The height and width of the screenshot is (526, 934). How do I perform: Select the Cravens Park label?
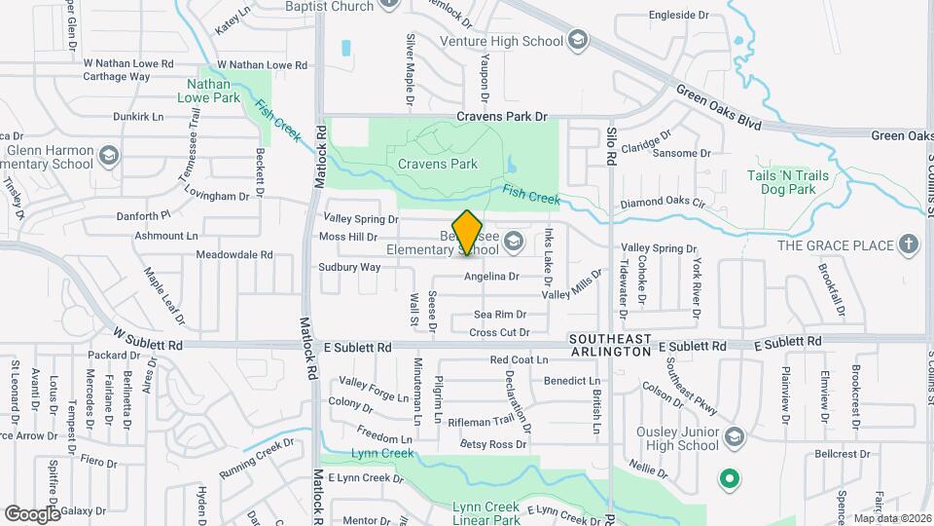(438, 164)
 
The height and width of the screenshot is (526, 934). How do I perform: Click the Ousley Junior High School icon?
(734, 435)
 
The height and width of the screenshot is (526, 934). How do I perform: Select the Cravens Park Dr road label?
(504, 117)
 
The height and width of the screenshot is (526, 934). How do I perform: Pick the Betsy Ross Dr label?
(493, 444)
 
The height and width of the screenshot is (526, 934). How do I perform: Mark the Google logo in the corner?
(32, 513)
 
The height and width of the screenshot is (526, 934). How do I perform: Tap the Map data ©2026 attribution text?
(891, 518)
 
